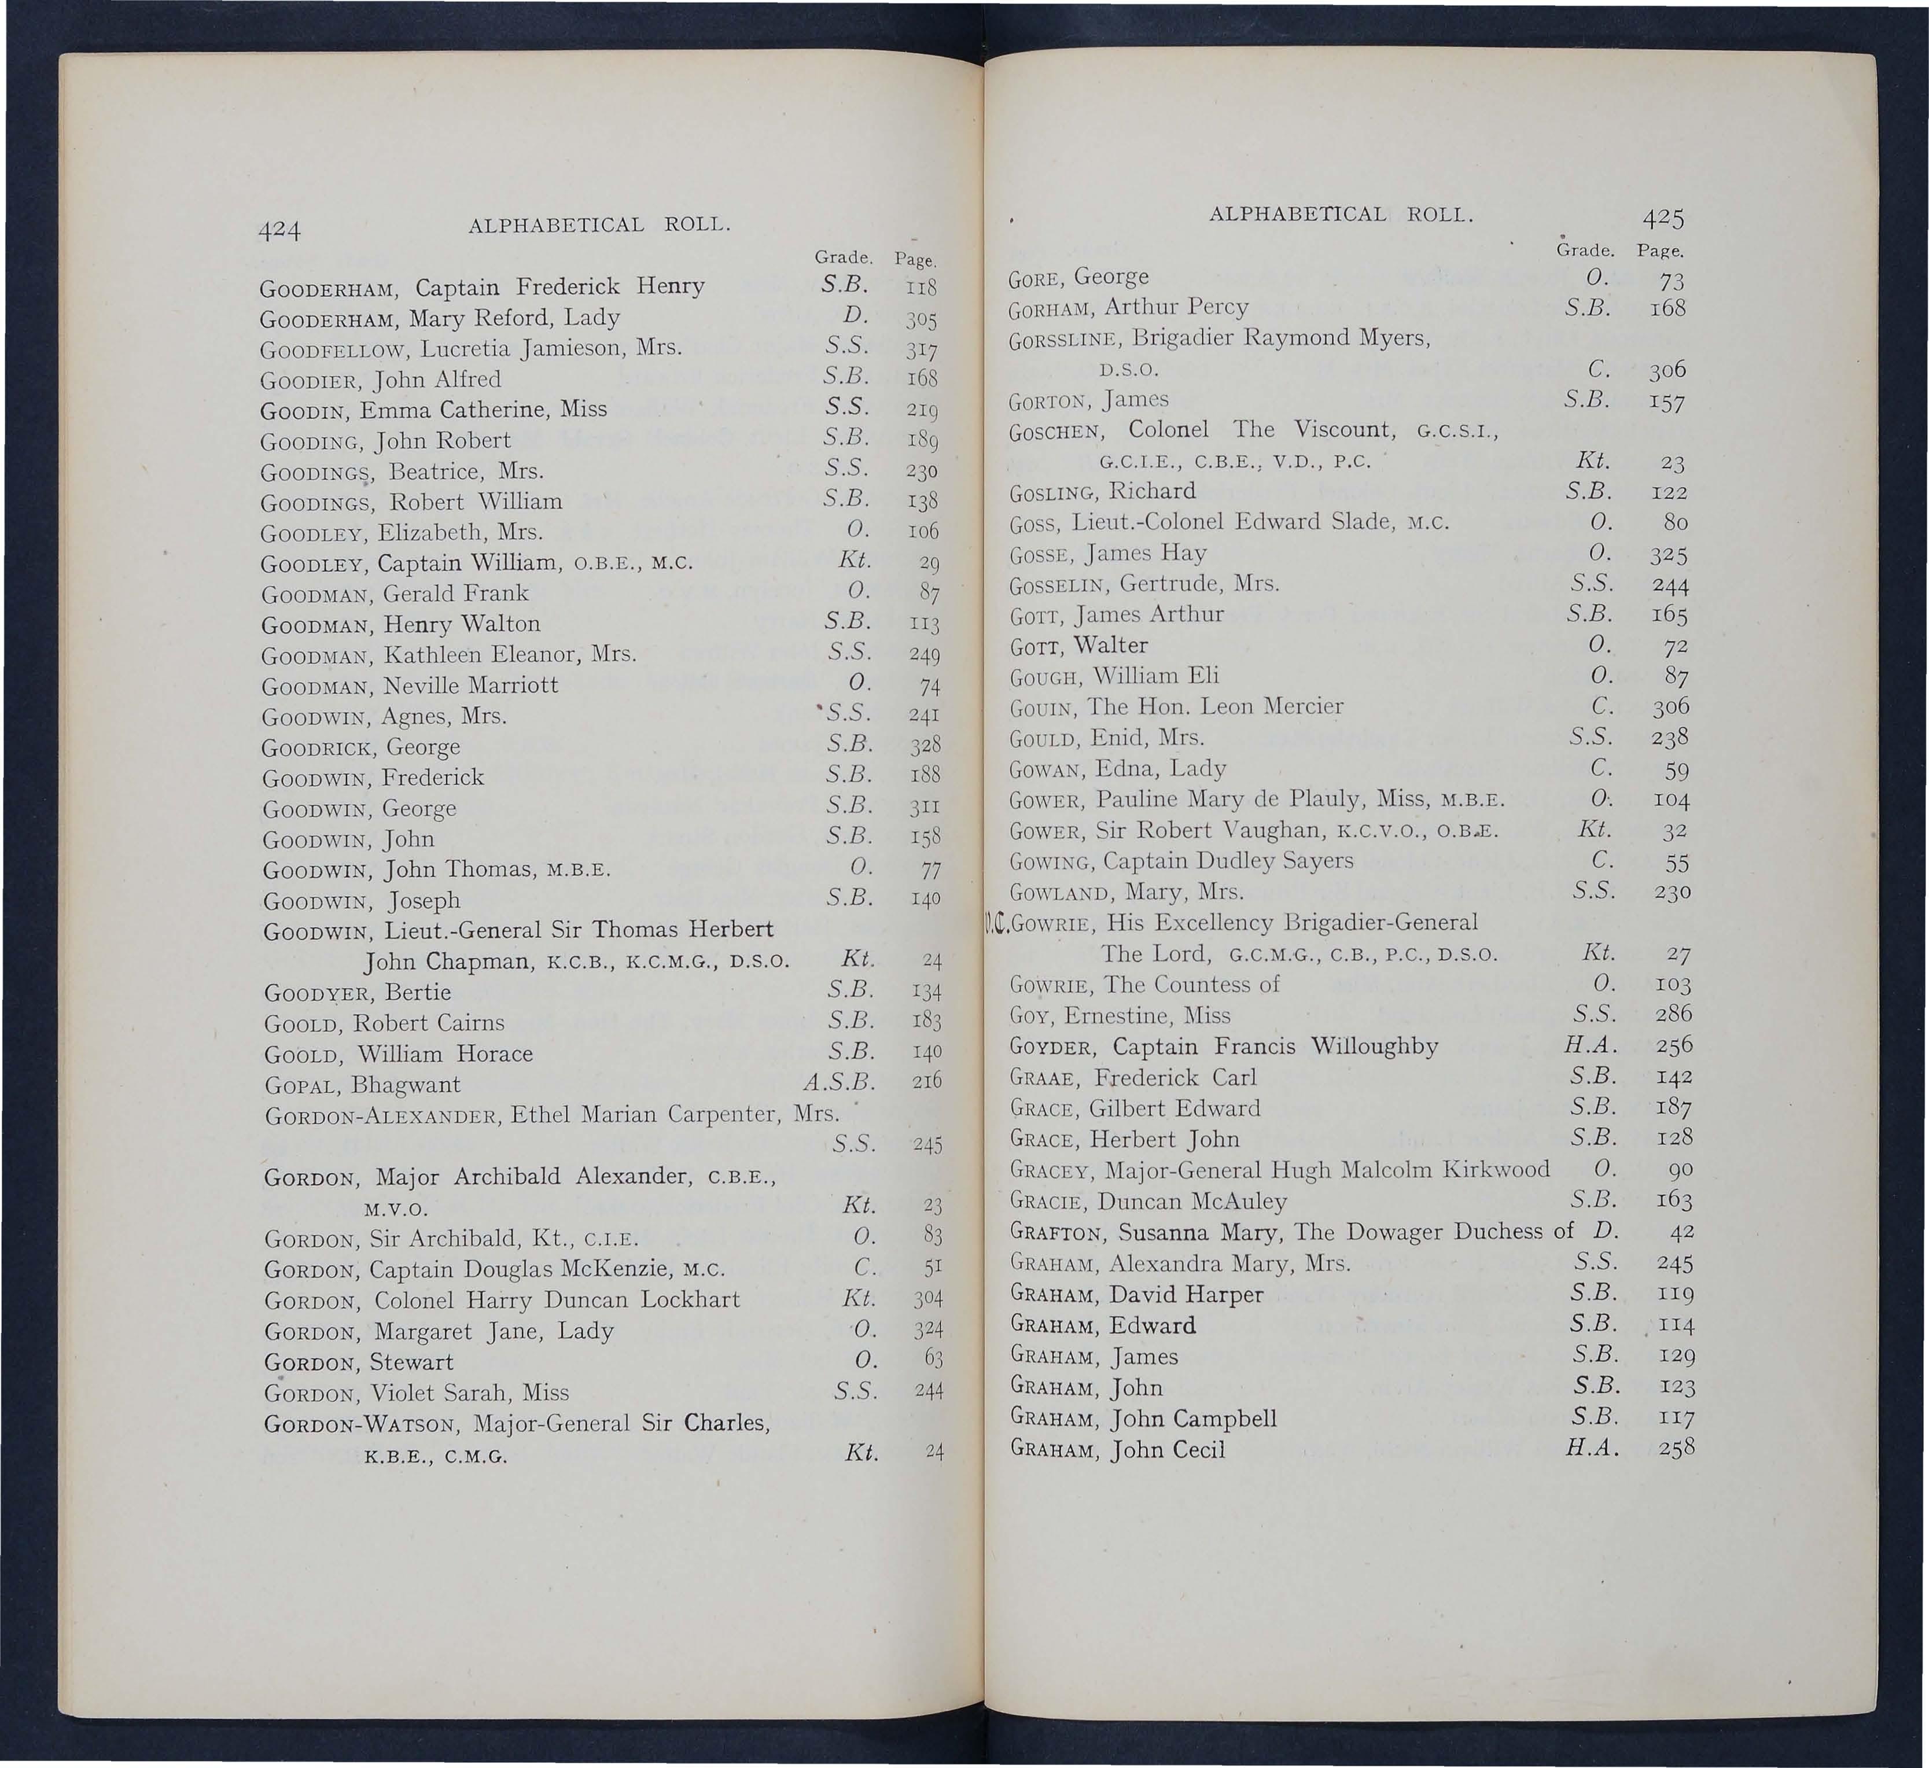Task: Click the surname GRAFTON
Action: click(x=1059, y=1232)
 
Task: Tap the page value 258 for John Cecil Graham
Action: click(x=1676, y=1449)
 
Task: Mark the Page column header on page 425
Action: click(x=1659, y=252)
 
